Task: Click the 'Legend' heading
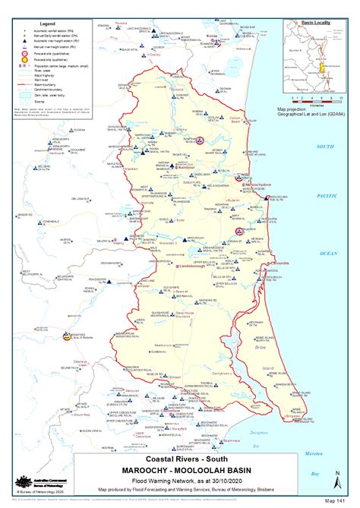click(35, 24)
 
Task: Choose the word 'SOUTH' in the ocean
click(326, 146)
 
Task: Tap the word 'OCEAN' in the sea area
click(329, 252)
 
